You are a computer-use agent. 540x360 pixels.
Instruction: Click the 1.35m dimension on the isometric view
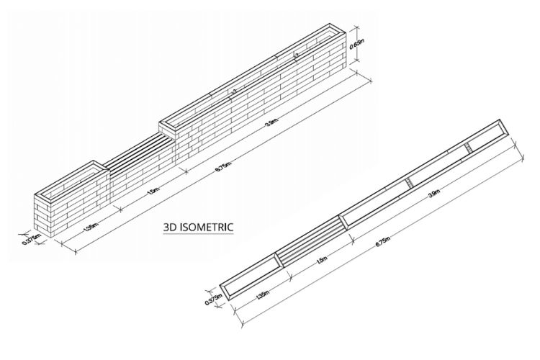[91, 227]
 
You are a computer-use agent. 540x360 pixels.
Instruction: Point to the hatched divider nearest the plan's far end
[468, 148]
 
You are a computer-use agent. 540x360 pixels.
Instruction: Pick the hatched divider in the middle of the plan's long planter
[408, 182]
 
